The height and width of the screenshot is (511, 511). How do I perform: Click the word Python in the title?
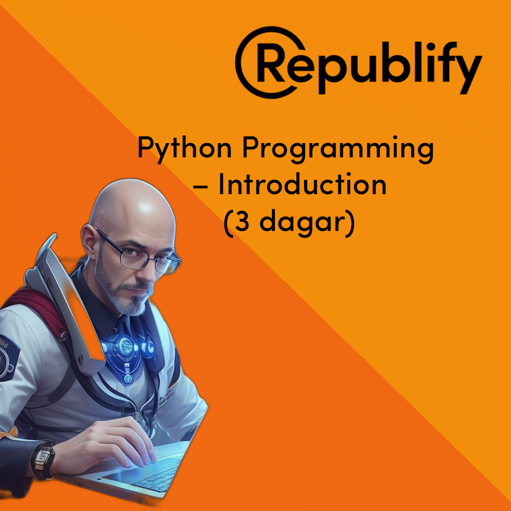[x=184, y=149]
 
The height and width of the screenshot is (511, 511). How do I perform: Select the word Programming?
[x=338, y=149]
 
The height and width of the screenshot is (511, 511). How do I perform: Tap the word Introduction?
[x=303, y=184]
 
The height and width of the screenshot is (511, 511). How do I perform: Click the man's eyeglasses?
[x=140, y=252]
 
